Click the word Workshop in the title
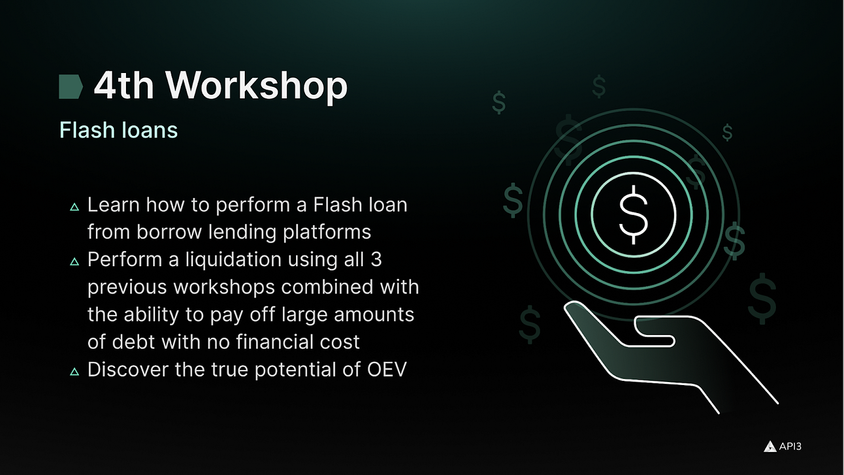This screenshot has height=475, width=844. click(256, 86)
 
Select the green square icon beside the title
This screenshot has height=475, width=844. click(71, 87)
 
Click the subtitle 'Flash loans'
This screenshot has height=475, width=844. click(118, 130)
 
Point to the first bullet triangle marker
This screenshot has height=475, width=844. click(75, 207)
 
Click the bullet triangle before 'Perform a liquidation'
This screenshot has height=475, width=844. click(75, 261)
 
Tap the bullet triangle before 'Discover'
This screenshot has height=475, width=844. click(75, 372)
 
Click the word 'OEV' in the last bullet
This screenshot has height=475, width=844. click(387, 369)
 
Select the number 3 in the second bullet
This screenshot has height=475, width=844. click(376, 259)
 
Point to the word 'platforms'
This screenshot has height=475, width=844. click(327, 232)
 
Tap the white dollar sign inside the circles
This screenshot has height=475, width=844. click(634, 215)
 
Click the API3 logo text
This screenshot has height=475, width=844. click(790, 446)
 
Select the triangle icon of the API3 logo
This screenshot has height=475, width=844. click(770, 447)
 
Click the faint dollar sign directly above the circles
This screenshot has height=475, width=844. click(599, 86)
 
